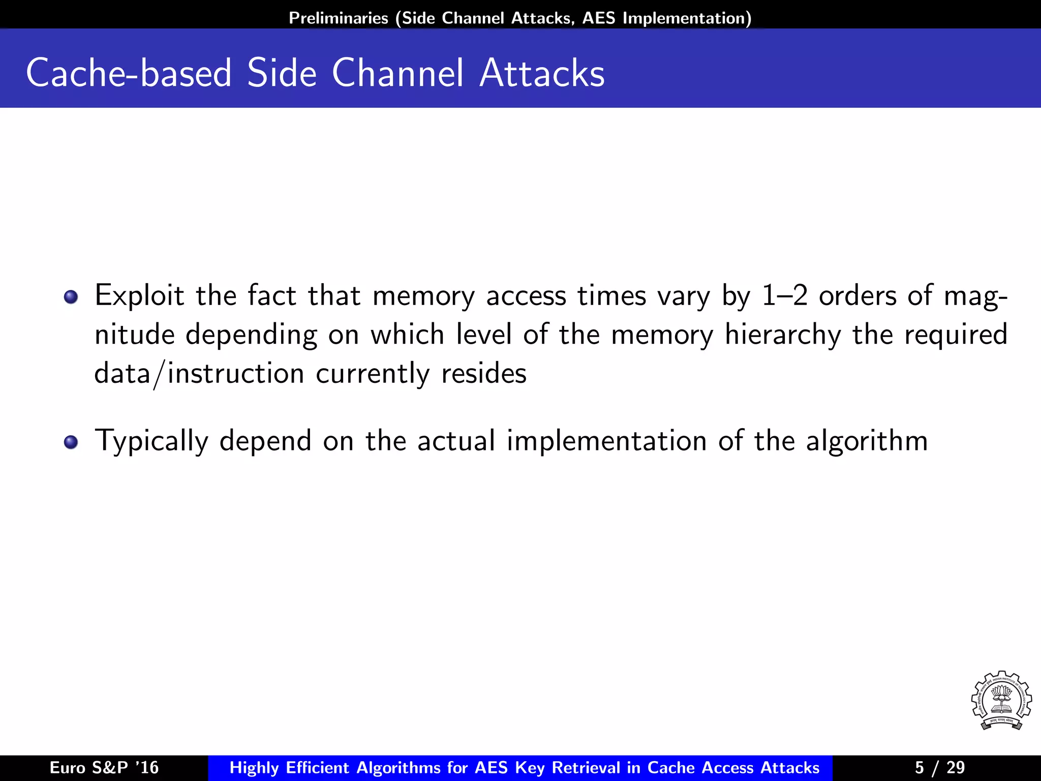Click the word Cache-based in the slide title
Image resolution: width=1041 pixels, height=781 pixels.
pos(129,73)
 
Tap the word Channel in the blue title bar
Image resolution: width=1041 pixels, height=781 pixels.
pos(397,73)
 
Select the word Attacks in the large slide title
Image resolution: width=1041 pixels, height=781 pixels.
pos(542,73)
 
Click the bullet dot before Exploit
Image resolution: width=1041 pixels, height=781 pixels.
pos(71,297)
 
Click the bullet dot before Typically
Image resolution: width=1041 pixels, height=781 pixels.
pos(71,442)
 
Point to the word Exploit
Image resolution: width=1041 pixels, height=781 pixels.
pos(139,296)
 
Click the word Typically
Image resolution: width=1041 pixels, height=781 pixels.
pos(151,441)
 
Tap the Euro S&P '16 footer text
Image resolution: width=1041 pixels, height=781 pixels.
pos(104,768)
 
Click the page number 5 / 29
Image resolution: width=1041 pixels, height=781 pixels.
pos(939,768)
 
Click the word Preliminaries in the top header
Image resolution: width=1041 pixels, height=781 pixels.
pos(339,18)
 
